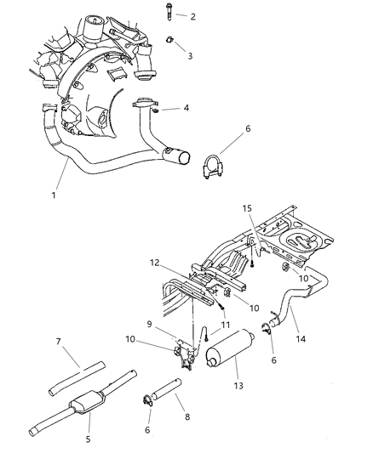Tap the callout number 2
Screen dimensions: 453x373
click(192, 17)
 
